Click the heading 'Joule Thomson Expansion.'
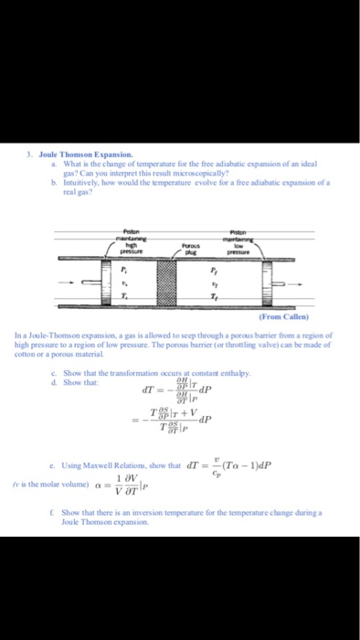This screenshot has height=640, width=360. pyautogui.click(x=76, y=155)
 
